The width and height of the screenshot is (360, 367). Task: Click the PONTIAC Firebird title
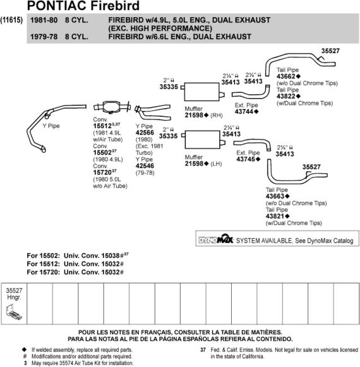[x=83, y=6]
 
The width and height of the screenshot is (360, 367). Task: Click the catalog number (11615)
[x=11, y=20]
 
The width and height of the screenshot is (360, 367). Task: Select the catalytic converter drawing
[x=112, y=107]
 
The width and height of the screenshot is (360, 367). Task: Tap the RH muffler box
[x=201, y=92]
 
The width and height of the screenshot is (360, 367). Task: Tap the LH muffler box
[x=203, y=140]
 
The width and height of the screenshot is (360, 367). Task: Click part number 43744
[x=244, y=112]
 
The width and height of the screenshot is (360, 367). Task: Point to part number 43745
[x=246, y=159]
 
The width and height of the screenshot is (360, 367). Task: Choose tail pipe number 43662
[x=286, y=76]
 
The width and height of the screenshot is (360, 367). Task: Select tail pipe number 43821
[x=275, y=216]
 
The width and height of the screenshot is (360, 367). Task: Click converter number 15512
[x=102, y=126]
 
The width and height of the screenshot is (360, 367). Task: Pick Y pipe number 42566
[x=145, y=133]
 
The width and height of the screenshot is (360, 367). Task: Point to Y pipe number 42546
[x=145, y=166]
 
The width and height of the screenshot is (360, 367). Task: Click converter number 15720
[x=102, y=172]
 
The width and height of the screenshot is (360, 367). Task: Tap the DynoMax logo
[x=216, y=239]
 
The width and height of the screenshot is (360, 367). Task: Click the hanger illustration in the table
[x=14, y=312]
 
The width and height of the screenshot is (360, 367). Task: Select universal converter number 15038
[x=111, y=256]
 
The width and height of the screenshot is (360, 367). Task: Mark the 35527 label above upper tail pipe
[x=330, y=51]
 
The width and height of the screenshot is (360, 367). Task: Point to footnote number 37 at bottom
[x=203, y=350]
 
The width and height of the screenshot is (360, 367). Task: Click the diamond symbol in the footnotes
[x=25, y=350]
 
